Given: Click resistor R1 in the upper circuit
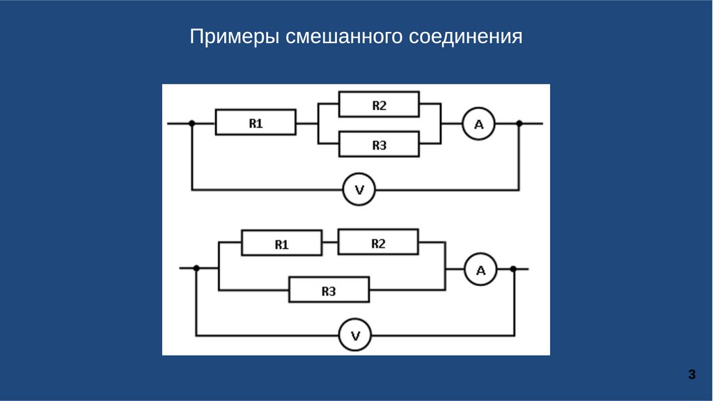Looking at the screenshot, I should [256, 123].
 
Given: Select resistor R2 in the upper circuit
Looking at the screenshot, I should [379, 105].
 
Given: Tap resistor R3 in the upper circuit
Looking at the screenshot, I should [379, 145].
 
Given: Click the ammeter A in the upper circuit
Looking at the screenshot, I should [478, 124].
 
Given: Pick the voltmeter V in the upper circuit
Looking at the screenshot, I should [359, 189].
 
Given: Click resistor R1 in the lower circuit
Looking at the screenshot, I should [281, 244].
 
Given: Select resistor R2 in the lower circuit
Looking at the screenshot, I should [378, 243].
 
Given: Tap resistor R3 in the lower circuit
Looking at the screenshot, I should [329, 291].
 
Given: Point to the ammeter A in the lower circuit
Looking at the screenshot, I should [480, 269].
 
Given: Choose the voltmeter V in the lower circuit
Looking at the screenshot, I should [355, 336].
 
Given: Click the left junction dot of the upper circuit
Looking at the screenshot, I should [192, 124].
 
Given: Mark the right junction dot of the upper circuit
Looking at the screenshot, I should [519, 124].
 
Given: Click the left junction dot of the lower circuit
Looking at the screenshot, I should [196, 268].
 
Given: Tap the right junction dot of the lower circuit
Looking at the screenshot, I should [514, 268].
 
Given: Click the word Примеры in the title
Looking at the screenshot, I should [234, 37].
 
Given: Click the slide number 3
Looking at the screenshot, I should [691, 375].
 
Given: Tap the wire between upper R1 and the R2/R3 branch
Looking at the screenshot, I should [306, 124].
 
